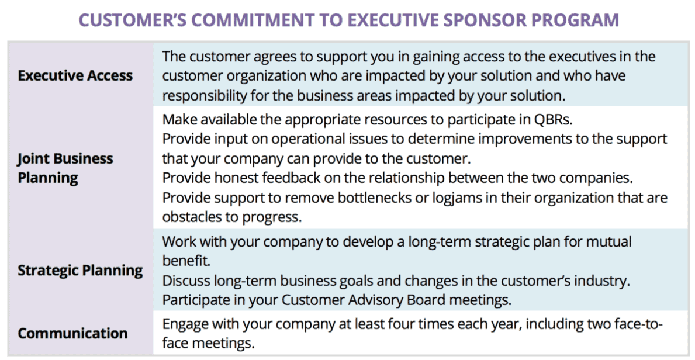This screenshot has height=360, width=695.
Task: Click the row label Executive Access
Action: click(x=75, y=75)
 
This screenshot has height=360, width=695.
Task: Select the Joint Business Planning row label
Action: click(x=65, y=168)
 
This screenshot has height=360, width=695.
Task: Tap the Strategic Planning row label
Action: click(x=80, y=271)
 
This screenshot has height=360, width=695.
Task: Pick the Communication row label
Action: click(x=72, y=333)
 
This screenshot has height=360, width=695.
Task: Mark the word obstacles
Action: click(x=192, y=217)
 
